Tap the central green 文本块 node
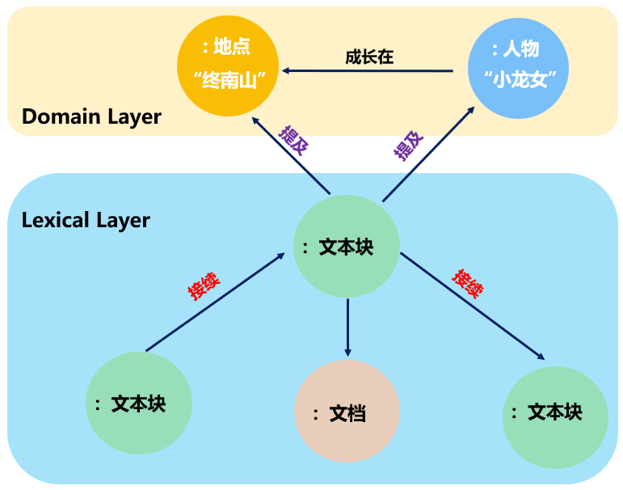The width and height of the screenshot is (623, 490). [346, 247]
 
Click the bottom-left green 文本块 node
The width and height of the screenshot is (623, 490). [138, 403]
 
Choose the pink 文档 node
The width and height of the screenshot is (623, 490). [347, 413]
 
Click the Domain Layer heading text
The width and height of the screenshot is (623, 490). [91, 116]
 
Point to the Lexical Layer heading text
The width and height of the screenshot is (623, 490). [86, 219]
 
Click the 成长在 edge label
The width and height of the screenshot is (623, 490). [368, 57]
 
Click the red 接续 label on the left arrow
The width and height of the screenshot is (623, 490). [204, 284]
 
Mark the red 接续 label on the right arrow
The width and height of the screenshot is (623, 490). [468, 284]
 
